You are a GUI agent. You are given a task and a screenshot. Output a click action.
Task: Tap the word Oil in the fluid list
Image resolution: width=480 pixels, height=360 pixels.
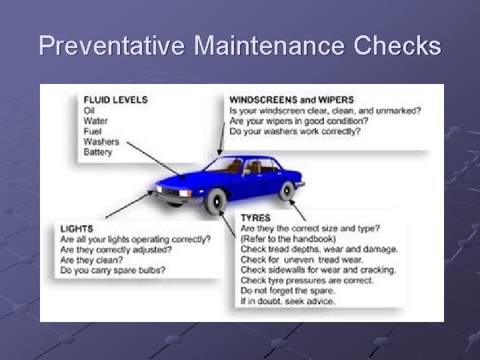[x=89, y=110]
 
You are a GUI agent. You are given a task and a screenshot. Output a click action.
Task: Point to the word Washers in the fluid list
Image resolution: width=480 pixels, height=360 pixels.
[x=101, y=141]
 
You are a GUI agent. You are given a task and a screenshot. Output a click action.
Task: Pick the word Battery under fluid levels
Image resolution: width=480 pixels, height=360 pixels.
[x=98, y=152]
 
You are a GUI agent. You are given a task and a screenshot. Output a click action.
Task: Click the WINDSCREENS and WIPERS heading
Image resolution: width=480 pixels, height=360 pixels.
[x=291, y=100]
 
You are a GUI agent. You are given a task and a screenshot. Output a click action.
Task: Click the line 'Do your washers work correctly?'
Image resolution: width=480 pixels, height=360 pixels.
[x=294, y=131]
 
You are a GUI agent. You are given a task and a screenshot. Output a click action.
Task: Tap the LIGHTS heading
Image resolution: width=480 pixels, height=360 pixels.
[x=77, y=229]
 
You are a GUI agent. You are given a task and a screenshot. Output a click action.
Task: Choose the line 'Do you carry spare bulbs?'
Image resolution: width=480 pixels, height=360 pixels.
[x=113, y=270]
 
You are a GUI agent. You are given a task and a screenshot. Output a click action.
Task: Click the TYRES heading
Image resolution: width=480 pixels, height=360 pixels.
[x=255, y=217]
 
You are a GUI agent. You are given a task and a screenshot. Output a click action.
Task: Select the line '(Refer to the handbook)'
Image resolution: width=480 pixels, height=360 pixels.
[x=288, y=239]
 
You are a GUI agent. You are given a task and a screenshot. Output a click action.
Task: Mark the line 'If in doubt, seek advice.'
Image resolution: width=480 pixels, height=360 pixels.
[x=288, y=301]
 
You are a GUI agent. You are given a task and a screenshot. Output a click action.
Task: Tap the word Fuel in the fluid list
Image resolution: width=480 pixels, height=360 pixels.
[x=91, y=131]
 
